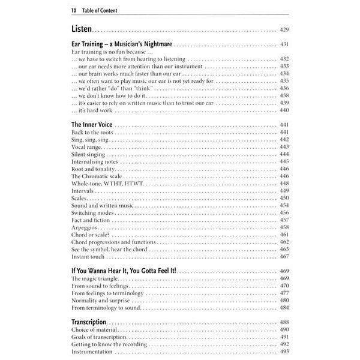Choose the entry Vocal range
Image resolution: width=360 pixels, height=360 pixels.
[87, 147]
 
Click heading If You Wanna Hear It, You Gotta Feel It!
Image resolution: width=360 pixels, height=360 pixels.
[128, 271]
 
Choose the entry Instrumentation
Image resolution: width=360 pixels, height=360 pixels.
[92, 352]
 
